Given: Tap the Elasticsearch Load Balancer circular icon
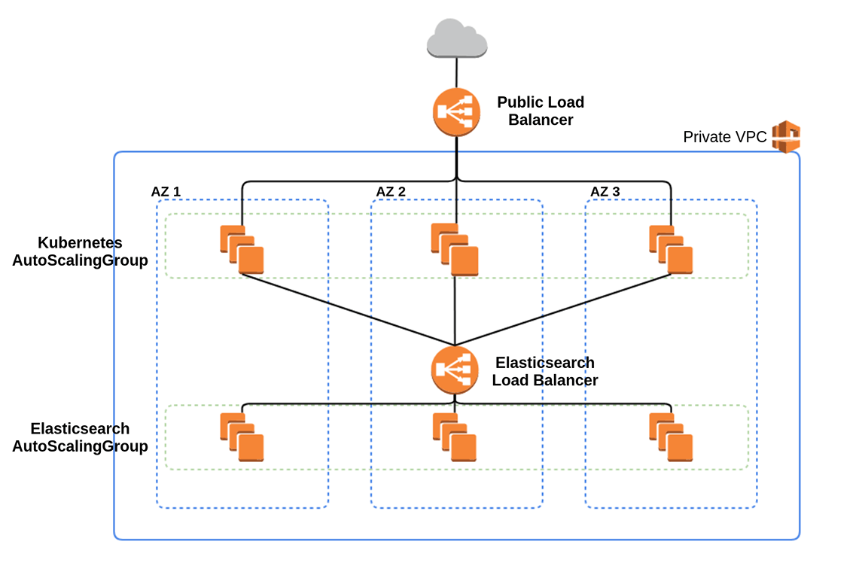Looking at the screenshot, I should coord(455,370).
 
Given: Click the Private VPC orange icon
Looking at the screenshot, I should coord(786,136).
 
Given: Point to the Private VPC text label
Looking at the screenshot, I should coord(724,137).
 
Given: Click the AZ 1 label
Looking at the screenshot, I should coord(166,191).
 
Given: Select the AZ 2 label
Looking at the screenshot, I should coord(391,191).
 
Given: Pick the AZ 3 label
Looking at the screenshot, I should coord(605,191).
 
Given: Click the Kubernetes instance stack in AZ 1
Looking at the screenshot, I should coord(242,249).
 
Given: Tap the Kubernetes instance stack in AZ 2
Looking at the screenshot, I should coord(455,249).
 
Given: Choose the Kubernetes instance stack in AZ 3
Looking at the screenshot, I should coord(671,249).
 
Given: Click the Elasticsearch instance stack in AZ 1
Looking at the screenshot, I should coord(242,437).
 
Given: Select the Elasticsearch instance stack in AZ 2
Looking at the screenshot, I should coord(455,437).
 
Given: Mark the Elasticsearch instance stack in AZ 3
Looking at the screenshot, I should coord(671,437).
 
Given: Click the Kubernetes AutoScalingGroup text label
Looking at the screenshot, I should coord(80,252).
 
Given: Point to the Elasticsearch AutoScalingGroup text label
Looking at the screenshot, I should coord(80,437).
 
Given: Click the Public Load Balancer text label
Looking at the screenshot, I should coord(541,111).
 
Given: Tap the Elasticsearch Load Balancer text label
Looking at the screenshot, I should coord(545,371).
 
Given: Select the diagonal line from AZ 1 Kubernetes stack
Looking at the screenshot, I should coord(346,309).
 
